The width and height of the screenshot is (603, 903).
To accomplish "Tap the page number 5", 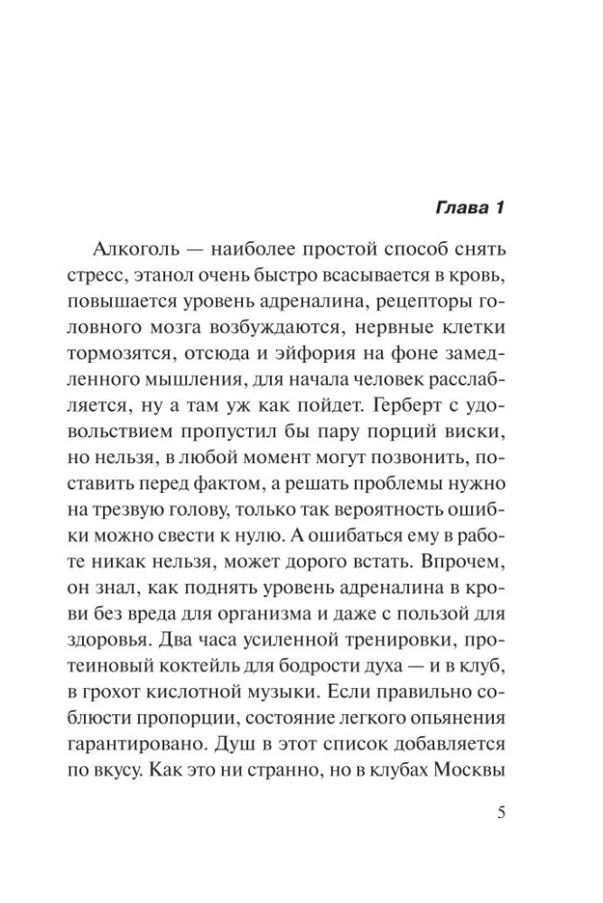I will click(x=502, y=810).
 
